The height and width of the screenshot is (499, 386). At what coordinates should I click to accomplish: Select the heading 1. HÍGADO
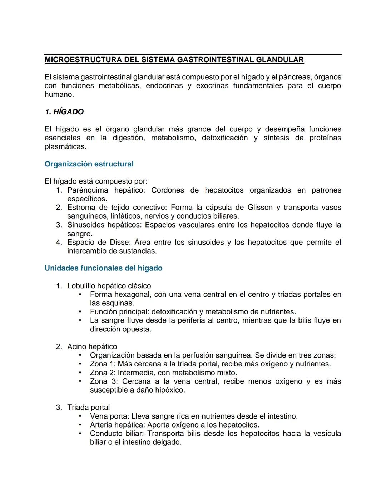point(64,112)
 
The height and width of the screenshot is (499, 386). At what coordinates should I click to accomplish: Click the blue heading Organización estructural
point(89,164)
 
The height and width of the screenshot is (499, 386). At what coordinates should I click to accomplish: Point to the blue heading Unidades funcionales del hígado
point(103,268)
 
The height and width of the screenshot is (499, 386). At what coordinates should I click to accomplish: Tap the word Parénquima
point(88,190)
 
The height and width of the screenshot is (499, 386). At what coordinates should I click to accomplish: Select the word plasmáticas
point(65,146)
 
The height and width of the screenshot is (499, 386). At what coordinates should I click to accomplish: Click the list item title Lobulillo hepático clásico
point(109,286)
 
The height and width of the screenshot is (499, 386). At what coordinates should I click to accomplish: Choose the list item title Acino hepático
point(92,346)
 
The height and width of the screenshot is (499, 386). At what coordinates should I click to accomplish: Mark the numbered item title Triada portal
point(88,407)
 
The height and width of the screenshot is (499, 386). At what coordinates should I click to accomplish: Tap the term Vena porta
point(109,416)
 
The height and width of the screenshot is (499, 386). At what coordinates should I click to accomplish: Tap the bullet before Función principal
point(80,312)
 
